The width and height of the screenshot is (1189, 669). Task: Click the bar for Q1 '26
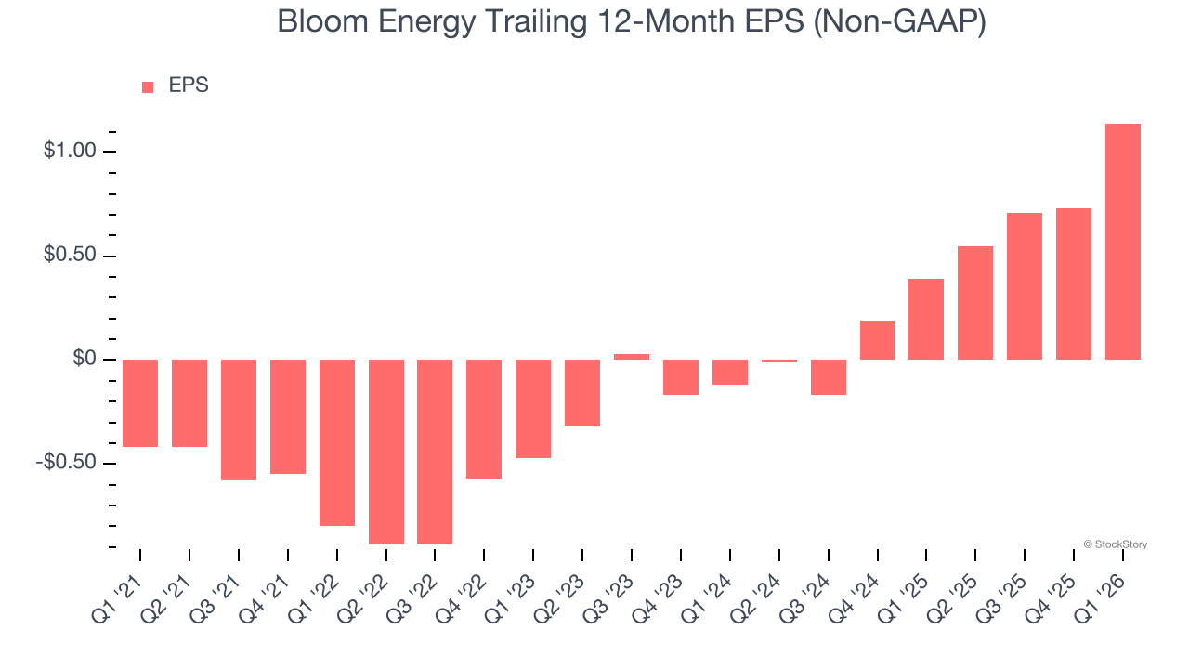click(1122, 242)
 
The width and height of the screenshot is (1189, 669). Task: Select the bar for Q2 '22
click(386, 452)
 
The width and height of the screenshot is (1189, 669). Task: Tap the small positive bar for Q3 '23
click(632, 357)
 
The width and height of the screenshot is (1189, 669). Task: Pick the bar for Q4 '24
click(877, 340)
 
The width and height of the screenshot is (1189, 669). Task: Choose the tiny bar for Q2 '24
click(778, 361)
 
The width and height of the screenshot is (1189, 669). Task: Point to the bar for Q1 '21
click(140, 403)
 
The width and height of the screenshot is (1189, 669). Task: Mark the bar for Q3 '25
click(1024, 286)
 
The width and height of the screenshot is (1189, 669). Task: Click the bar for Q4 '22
click(484, 419)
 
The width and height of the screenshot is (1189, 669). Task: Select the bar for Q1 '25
click(926, 319)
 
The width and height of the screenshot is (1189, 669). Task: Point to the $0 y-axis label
click(84, 359)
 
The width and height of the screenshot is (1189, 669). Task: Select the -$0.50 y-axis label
click(65, 463)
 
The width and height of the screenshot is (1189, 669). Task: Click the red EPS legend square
click(148, 86)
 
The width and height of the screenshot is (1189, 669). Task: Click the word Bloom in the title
click(312, 22)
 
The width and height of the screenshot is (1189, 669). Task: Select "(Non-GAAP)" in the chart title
click(898, 22)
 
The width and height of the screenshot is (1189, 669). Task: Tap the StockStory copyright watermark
click(1116, 544)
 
